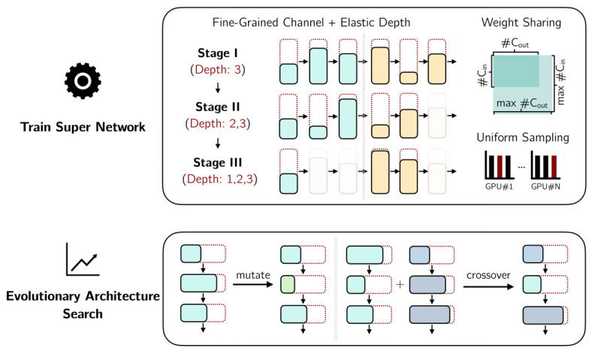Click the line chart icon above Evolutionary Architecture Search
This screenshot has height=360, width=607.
click(83, 259)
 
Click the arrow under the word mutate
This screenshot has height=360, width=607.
click(250, 286)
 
